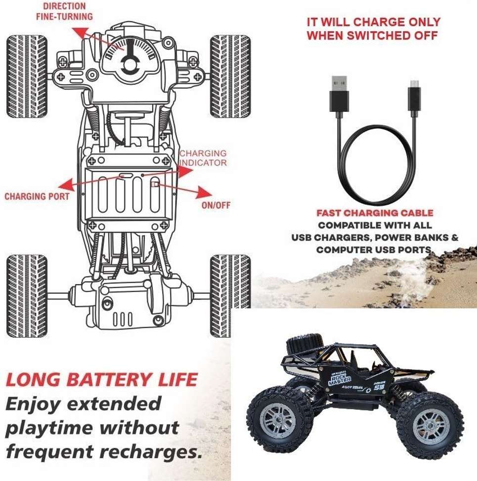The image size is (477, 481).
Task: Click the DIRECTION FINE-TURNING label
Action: tap(64, 11)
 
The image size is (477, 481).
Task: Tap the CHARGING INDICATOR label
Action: tap(203, 158)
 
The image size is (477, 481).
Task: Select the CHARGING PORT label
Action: tap(37, 196)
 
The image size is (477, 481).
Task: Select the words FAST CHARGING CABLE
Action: tap(375, 213)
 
